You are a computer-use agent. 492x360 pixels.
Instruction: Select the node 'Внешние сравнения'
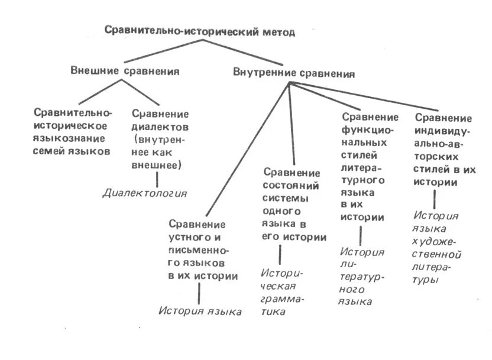click(x=125, y=71)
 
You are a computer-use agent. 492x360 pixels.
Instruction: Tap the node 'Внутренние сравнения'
click(x=293, y=74)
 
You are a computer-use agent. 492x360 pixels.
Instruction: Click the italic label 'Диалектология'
click(x=145, y=193)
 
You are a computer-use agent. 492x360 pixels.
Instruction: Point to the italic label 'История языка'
click(x=200, y=311)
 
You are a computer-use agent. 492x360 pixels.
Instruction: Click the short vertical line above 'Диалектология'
click(x=146, y=179)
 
